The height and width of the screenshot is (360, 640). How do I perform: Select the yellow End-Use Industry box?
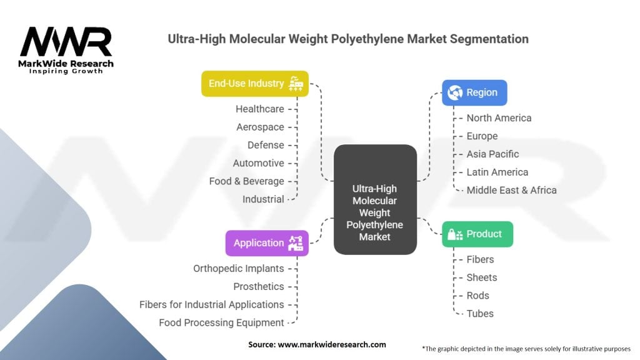(x=255, y=84)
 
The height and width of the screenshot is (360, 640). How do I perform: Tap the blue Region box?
(x=474, y=92)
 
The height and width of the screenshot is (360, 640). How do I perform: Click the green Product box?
(x=477, y=234)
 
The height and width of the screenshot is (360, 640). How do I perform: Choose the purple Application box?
(x=267, y=243)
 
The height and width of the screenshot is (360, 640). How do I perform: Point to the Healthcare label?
(x=260, y=109)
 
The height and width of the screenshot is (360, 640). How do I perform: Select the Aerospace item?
(x=260, y=127)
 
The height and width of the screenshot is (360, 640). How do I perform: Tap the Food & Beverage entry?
(x=246, y=181)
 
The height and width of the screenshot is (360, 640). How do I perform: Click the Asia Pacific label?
(x=492, y=154)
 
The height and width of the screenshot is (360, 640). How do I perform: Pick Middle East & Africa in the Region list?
(x=511, y=190)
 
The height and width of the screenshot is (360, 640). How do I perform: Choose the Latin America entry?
(x=497, y=172)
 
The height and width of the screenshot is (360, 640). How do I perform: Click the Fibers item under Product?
(x=480, y=259)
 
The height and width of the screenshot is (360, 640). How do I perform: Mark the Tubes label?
(x=480, y=314)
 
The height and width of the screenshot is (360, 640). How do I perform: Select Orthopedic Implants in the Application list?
(x=238, y=268)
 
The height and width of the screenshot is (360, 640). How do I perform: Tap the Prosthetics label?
(x=259, y=286)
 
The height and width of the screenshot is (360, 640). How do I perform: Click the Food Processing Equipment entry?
(x=221, y=322)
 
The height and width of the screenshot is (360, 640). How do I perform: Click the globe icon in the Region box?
(x=454, y=92)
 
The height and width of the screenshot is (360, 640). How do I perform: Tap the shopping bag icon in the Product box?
(x=455, y=234)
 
